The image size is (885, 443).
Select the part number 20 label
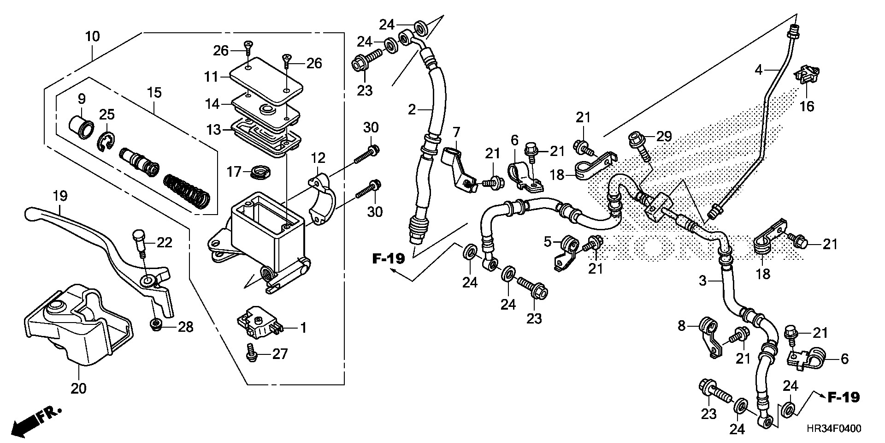click(x=78, y=389)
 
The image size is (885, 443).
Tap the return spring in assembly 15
click(x=187, y=190)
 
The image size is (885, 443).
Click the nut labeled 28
click(x=156, y=326)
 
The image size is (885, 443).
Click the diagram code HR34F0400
click(x=833, y=429)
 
